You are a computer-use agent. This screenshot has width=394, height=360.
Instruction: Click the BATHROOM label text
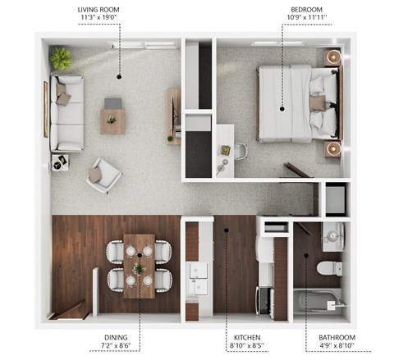point(337,336)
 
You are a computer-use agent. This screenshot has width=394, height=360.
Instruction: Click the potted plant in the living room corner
point(61,58)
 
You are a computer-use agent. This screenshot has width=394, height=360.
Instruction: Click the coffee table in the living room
point(113,120)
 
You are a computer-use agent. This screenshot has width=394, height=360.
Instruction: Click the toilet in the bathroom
point(331,268)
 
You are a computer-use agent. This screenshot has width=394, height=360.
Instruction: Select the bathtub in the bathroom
point(318,300)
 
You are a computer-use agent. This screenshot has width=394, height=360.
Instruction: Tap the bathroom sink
point(332,236)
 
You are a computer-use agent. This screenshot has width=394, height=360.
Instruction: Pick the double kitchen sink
point(199,279)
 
